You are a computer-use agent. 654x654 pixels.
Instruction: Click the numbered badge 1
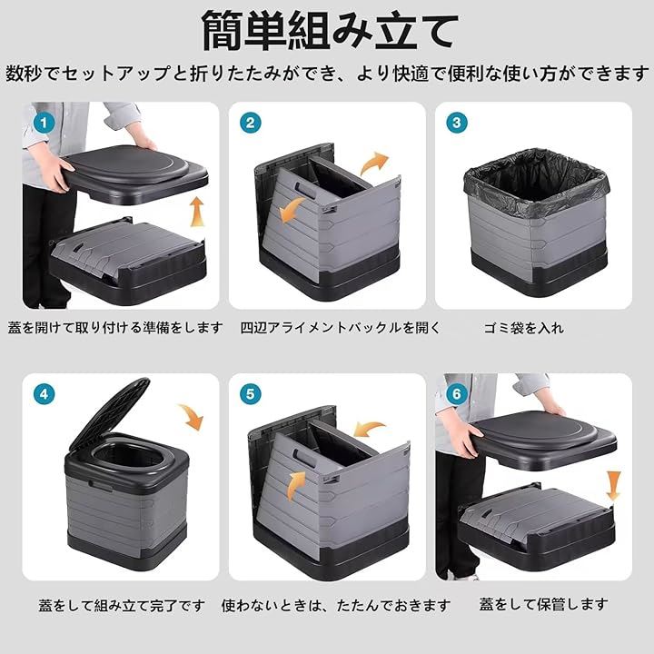(x=44, y=123)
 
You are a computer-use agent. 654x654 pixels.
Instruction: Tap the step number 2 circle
(x=251, y=123)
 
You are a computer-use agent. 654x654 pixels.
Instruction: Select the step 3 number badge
(x=457, y=123)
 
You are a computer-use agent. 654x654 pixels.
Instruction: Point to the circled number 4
(x=44, y=394)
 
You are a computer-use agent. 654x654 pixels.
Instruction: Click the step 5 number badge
(x=251, y=394)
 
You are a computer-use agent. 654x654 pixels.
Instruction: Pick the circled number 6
(x=457, y=394)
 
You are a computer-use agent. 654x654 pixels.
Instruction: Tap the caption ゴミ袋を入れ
(x=524, y=328)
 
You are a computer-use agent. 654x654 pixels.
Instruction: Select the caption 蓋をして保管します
(x=543, y=604)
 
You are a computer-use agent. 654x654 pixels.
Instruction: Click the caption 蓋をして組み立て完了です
(x=122, y=606)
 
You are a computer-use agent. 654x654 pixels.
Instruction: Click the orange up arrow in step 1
(x=197, y=212)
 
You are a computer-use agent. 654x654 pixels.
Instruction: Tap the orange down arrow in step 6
(x=613, y=486)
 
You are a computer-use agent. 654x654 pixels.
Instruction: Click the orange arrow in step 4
(x=192, y=416)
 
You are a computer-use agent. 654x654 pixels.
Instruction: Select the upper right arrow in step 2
(x=374, y=163)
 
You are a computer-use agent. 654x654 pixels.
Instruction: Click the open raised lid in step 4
(x=109, y=413)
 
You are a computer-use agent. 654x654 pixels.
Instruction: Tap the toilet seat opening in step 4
(x=128, y=455)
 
